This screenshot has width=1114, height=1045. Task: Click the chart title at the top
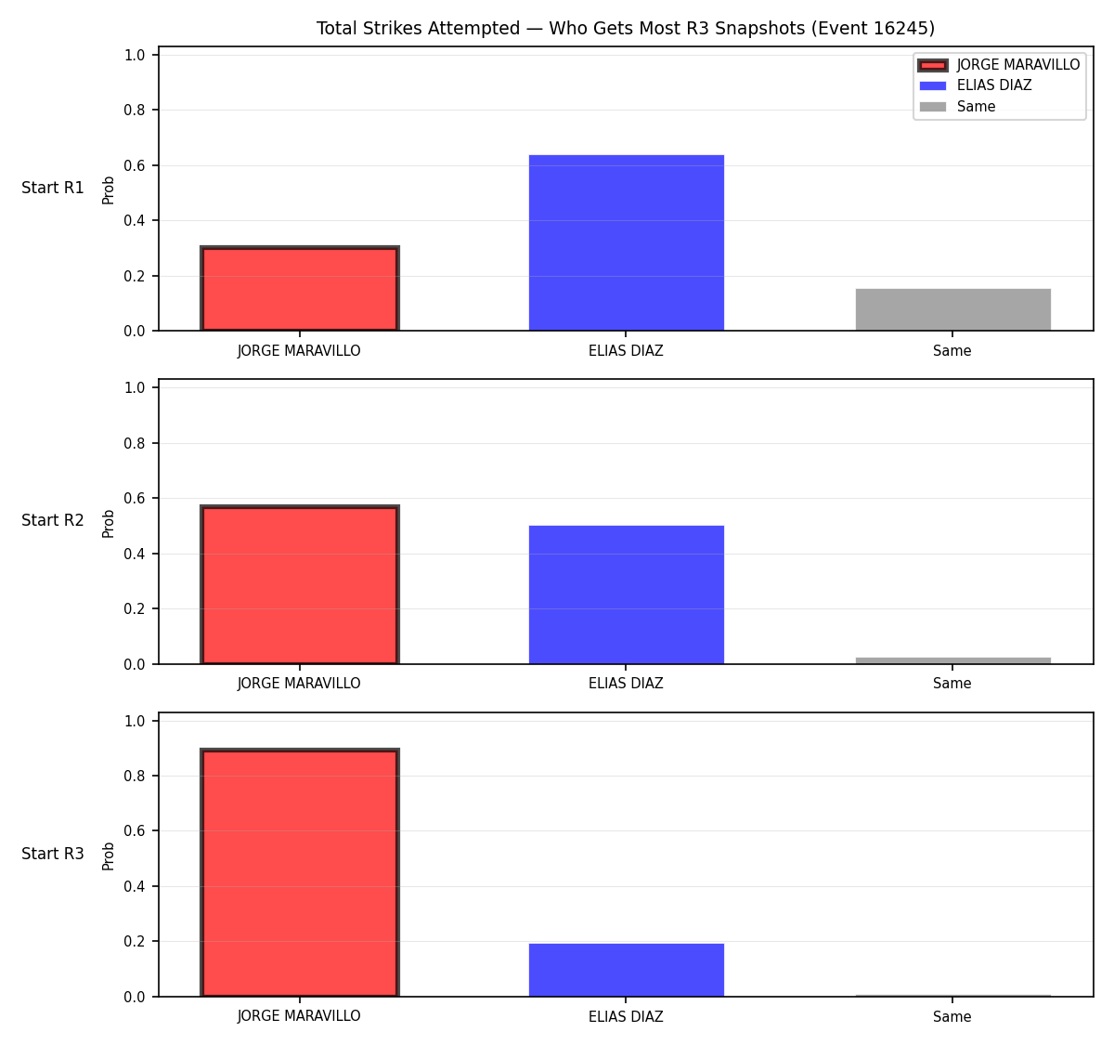pos(625,28)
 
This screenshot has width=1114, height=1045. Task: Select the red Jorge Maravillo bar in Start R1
pos(300,288)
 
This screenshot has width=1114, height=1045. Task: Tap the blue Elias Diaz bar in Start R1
pos(626,242)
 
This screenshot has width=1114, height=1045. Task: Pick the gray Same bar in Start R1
pos(952,309)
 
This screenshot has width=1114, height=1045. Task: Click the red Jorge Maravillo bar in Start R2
pos(300,584)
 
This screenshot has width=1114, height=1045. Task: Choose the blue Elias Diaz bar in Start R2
pos(626,594)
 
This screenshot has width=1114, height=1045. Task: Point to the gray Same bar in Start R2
pos(952,660)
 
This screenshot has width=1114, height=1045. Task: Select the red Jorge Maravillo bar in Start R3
pos(300,872)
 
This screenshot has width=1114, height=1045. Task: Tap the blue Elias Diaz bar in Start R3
pos(626,971)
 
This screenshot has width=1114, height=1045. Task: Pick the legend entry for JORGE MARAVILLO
pos(999,65)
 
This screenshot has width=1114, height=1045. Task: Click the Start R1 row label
pos(53,188)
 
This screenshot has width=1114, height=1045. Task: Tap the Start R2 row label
pos(53,520)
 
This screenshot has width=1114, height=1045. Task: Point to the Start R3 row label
pos(53,854)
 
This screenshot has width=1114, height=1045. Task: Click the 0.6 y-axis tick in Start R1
pos(134,165)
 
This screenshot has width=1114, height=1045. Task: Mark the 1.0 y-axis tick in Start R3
pos(134,721)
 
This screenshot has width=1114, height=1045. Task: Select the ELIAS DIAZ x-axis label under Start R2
pos(626,684)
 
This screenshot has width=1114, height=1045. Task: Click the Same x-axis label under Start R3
pos(952,1016)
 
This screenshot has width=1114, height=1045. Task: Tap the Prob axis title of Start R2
pos(109,523)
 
